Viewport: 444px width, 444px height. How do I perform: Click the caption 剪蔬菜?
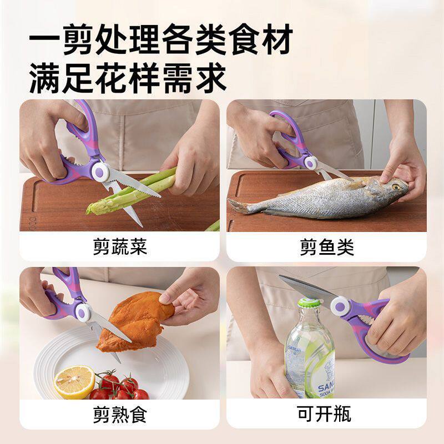click(120, 246)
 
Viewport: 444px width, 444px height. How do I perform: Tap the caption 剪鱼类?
click(327, 246)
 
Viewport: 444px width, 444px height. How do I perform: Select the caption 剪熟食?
click(120, 414)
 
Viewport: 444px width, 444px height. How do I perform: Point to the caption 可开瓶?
click(327, 414)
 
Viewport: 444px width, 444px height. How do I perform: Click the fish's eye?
click(396, 187)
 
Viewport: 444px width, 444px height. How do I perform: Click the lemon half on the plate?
click(74, 381)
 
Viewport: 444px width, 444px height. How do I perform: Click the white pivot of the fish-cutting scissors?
click(309, 162)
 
